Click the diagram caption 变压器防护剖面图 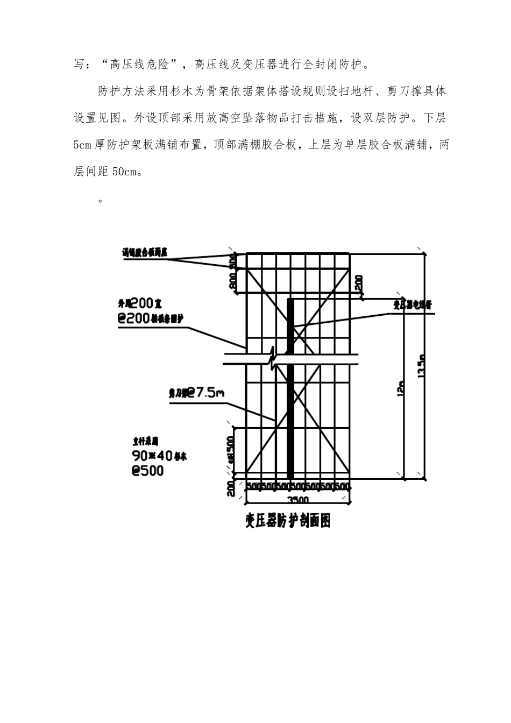[x=288, y=521]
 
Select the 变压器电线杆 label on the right [x=412, y=304]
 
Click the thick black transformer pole [x=290, y=387]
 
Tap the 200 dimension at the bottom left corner [x=231, y=488]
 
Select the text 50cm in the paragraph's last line [x=125, y=172]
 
